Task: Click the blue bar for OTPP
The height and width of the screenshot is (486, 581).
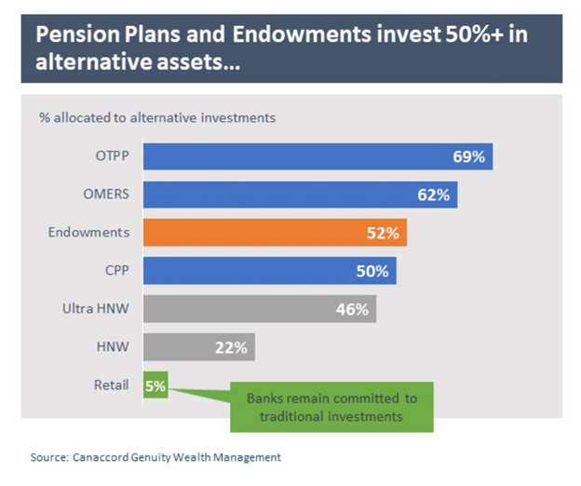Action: (317, 157)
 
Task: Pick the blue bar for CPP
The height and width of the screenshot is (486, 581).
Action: (269, 271)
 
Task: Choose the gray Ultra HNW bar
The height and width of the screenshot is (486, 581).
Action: (259, 309)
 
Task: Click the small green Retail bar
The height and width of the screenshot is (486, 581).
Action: (155, 385)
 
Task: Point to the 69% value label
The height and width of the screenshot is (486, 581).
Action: (467, 157)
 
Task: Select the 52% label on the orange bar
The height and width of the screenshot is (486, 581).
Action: (382, 234)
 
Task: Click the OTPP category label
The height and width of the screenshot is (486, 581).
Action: (112, 157)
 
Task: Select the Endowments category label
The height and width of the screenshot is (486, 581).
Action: (88, 233)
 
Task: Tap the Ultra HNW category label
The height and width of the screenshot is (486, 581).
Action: (97, 309)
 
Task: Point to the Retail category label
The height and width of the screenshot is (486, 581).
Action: (112, 385)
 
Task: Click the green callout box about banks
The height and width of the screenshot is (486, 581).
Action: (331, 407)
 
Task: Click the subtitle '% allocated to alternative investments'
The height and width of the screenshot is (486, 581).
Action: (156, 118)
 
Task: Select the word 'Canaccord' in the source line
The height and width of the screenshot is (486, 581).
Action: (103, 457)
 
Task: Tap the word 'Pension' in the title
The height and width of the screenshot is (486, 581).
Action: (70, 37)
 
